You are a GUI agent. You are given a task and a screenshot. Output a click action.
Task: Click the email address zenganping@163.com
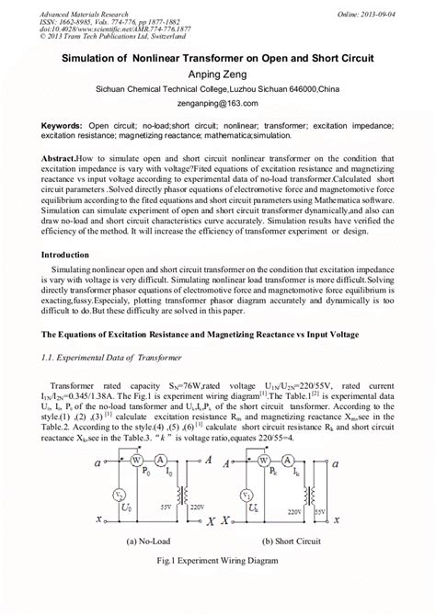(x=218, y=106)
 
